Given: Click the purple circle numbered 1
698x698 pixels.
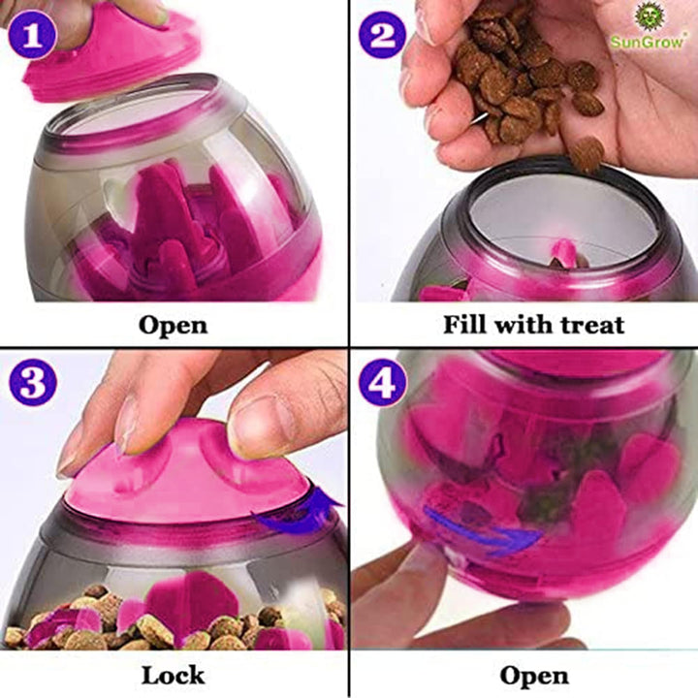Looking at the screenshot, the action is pos(32,35).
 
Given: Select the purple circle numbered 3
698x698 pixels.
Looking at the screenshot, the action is pos(33,383).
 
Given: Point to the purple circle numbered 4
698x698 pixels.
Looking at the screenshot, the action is pos(383,383).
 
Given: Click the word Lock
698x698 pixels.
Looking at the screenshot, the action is pos(174,676).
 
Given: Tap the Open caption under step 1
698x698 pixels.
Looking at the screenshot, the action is pos(174,326).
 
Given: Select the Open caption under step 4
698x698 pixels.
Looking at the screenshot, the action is pos(534,676).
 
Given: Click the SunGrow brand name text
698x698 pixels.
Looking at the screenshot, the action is pos(647,43).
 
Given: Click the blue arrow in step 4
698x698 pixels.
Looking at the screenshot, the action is pos(483,530).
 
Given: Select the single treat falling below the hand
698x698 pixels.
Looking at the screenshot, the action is pos(587,154).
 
